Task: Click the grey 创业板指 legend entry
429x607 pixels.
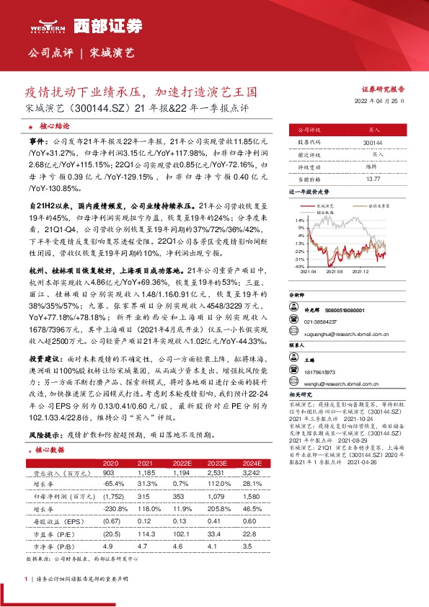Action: click(x=331, y=210)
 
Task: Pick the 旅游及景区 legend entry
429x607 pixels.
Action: click(x=378, y=205)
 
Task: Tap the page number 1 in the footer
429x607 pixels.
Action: click(x=27, y=580)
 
